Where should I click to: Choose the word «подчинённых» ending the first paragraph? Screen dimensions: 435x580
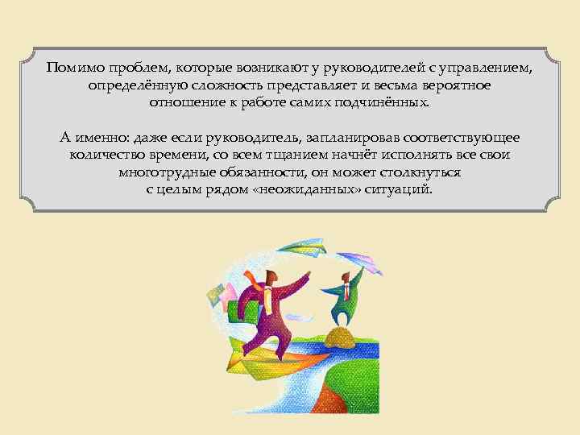tap(387, 104)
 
